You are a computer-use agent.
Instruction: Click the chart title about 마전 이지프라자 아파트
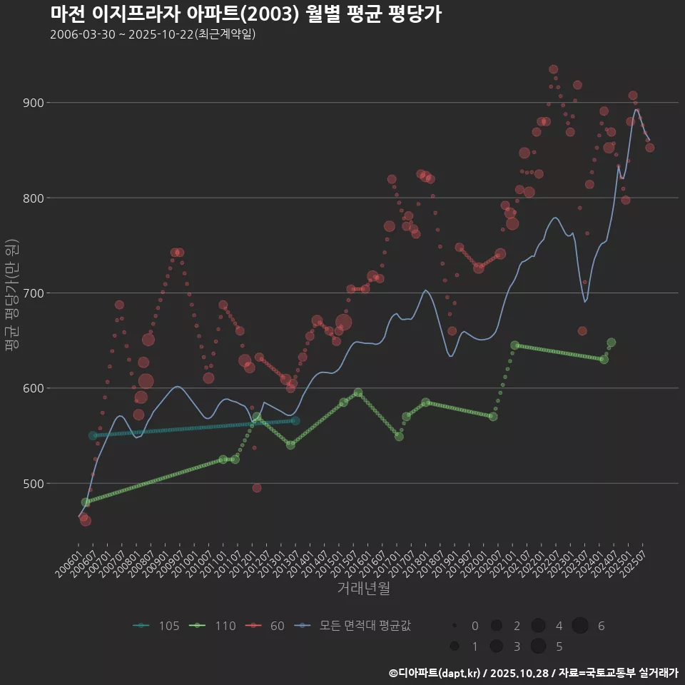tap(246, 14)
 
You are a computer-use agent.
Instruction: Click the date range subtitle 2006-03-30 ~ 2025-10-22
tap(153, 35)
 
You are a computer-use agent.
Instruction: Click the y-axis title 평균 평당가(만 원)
tap(11, 293)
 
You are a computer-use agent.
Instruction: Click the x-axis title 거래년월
tap(363, 589)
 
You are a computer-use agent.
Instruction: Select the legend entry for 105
tap(157, 626)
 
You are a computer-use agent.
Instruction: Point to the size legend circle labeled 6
tap(579, 626)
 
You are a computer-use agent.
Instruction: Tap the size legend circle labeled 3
tap(495, 646)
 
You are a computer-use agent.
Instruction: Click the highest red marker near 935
tap(554, 69)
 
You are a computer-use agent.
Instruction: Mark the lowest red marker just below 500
tap(257, 488)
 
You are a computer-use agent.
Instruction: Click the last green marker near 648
tap(611, 342)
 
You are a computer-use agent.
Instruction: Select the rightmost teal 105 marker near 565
tap(295, 421)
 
